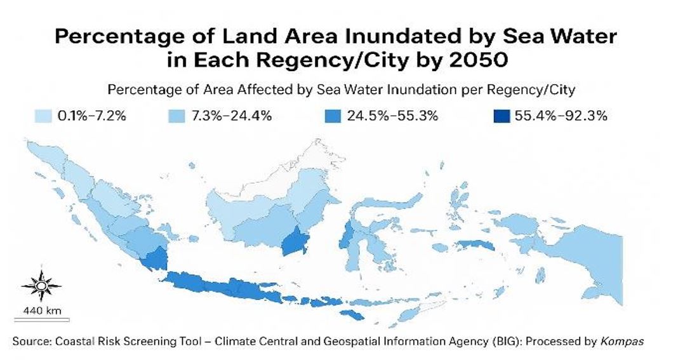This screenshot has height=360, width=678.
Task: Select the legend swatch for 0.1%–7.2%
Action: tap(43, 116)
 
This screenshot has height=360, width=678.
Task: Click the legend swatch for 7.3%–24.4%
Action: tap(177, 116)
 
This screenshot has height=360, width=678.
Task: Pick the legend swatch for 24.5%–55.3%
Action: tap(329, 116)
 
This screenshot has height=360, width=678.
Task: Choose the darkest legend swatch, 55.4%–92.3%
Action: tap(501, 116)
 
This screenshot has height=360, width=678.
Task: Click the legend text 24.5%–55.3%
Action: tap(392, 116)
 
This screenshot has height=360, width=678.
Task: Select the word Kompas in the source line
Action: tap(622, 341)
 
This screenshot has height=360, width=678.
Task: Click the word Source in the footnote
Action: tap(31, 341)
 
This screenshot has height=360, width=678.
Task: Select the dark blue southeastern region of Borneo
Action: tap(294, 242)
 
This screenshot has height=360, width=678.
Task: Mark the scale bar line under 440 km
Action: tap(41, 319)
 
